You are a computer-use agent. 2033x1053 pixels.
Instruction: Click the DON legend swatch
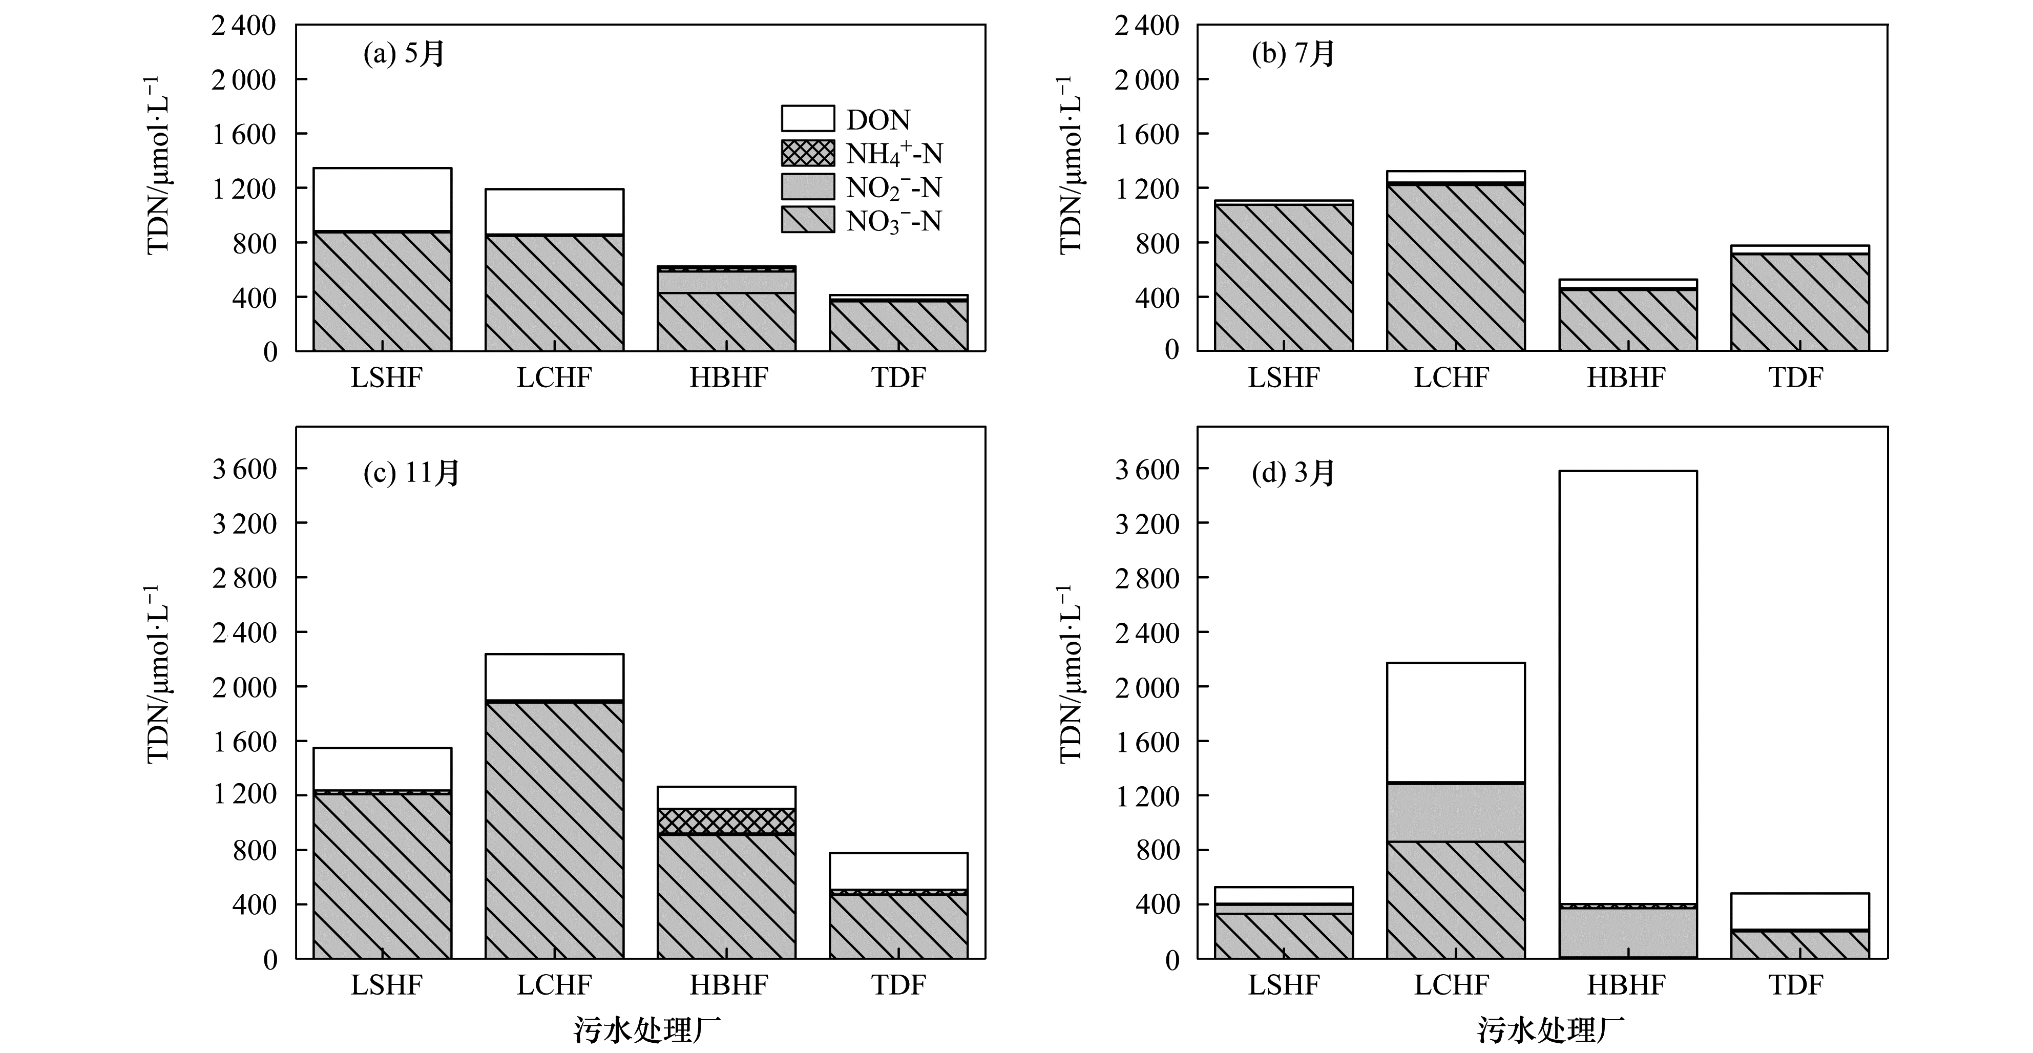[807, 118]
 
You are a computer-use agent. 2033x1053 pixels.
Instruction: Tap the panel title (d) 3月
[1293, 473]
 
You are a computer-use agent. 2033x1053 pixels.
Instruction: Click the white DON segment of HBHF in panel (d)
[1627, 687]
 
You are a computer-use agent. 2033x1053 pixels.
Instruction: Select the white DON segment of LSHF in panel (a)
[382, 199]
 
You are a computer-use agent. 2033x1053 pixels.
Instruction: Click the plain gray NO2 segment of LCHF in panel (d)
[1455, 811]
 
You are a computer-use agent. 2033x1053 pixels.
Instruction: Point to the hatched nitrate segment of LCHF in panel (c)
[554, 829]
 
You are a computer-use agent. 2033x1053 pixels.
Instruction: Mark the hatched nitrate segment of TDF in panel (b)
[1799, 302]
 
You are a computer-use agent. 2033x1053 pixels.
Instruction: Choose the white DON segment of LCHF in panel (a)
[554, 212]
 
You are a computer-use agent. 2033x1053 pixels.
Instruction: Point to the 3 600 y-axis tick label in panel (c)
[245, 469]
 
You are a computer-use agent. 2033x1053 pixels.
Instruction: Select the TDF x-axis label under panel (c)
[898, 984]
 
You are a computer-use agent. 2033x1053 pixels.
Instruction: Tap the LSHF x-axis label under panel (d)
[1283, 984]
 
